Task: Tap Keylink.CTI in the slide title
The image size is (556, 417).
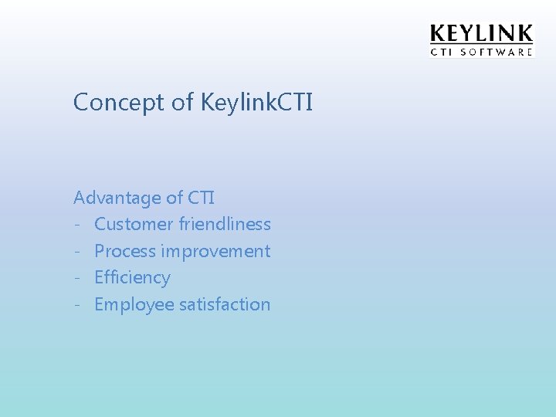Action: pos(256,102)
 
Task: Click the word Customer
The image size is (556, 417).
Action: pos(134,225)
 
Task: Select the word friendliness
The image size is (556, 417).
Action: pos(225,225)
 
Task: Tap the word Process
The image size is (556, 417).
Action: pos(125,252)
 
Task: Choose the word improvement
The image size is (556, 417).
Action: pos(215,252)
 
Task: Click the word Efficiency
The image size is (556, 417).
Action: pos(132,278)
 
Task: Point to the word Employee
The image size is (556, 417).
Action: pos(134,305)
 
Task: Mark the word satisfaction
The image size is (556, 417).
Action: pos(225,305)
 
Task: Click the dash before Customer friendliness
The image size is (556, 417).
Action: pos(78,225)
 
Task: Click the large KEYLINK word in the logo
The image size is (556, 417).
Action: pos(481,34)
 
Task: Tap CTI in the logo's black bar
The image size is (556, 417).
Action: pos(442,53)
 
